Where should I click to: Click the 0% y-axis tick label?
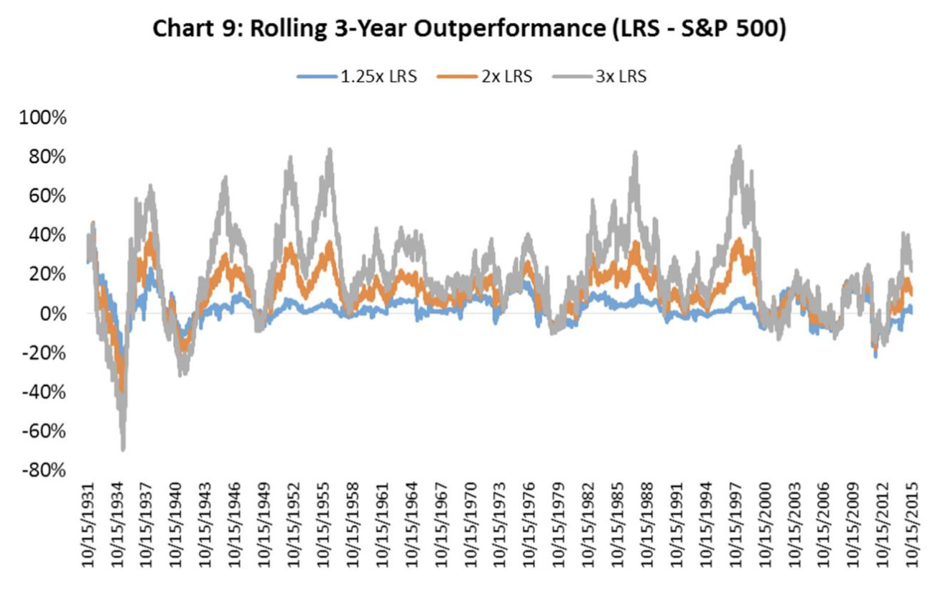(55, 314)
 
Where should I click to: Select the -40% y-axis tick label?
(45, 392)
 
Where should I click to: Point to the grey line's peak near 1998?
(738, 148)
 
